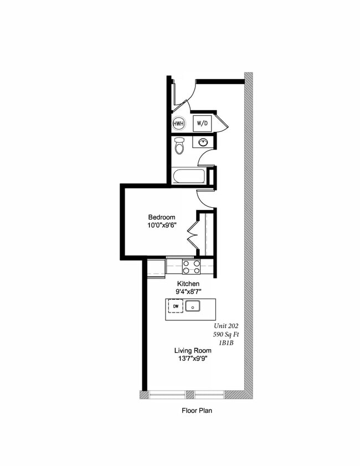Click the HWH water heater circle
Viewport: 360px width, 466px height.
point(179,124)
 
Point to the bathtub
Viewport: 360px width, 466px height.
point(189,177)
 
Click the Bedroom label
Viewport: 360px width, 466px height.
point(161,217)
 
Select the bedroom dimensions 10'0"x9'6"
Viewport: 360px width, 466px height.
point(161,225)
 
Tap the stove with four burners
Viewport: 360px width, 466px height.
point(191,267)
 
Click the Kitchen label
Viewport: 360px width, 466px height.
point(188,283)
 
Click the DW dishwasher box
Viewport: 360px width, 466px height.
point(176,306)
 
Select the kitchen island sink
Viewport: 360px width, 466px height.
point(193,306)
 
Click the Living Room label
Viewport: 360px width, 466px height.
point(192,350)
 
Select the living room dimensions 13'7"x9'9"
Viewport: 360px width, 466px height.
point(192,359)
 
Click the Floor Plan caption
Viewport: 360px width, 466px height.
point(197,411)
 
